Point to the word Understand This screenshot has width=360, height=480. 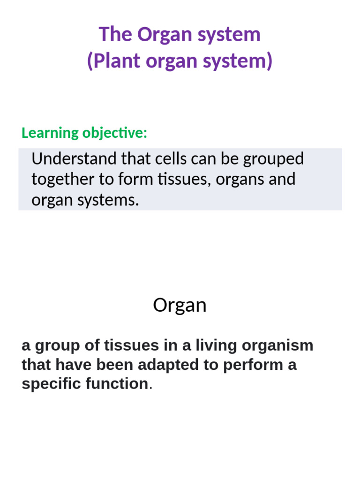click(x=74, y=159)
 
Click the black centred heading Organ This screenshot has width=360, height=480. click(x=180, y=306)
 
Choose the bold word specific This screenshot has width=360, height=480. click(x=51, y=384)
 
